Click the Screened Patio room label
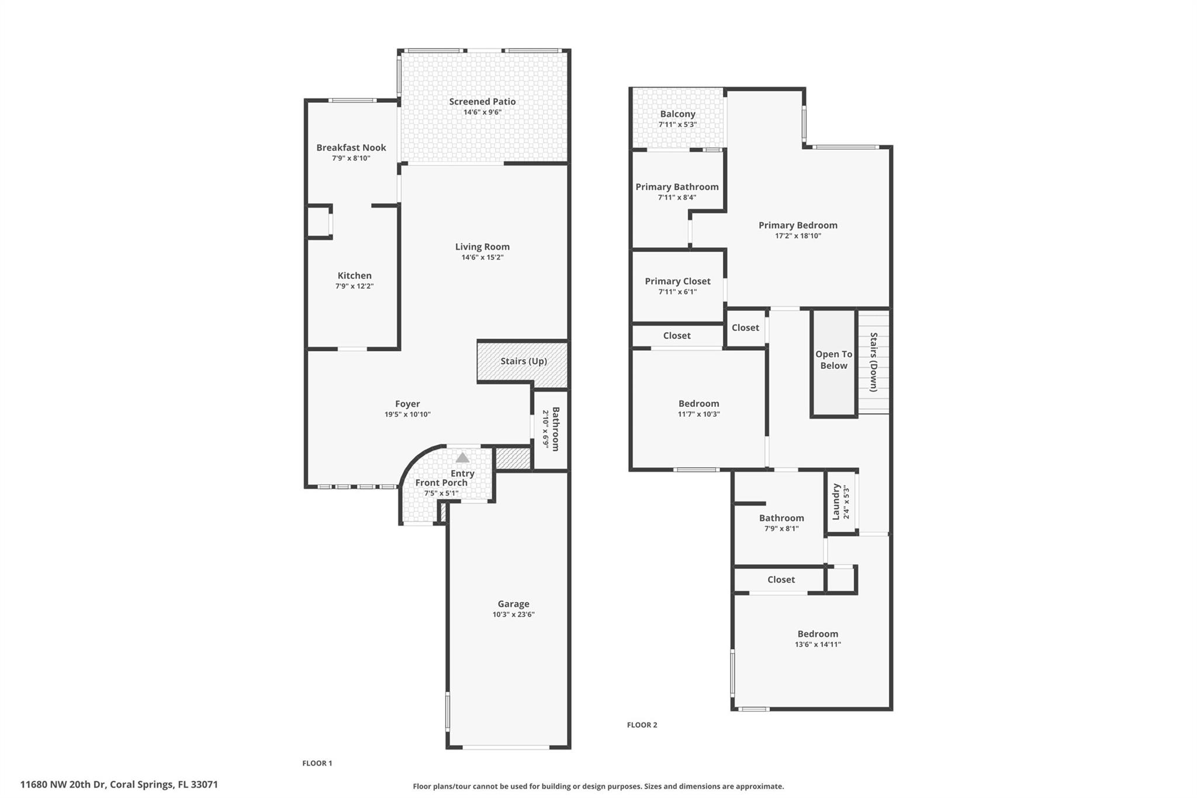click(482, 102)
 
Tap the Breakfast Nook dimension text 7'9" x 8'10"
click(351, 158)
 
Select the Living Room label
click(482, 247)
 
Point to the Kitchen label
click(354, 275)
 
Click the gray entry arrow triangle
click(462, 457)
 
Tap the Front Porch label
click(441, 483)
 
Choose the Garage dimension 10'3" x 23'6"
click(513, 614)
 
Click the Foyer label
click(407, 404)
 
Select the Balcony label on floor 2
click(677, 115)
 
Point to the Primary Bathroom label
click(677, 187)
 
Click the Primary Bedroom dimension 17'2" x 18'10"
click(798, 236)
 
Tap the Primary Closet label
click(677, 282)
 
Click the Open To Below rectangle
click(833, 363)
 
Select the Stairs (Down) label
click(874, 362)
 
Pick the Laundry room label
click(836, 501)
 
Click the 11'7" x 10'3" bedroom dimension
click(698, 414)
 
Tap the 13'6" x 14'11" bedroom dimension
click(818, 645)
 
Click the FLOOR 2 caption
click(642, 725)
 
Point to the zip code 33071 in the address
click(205, 785)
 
